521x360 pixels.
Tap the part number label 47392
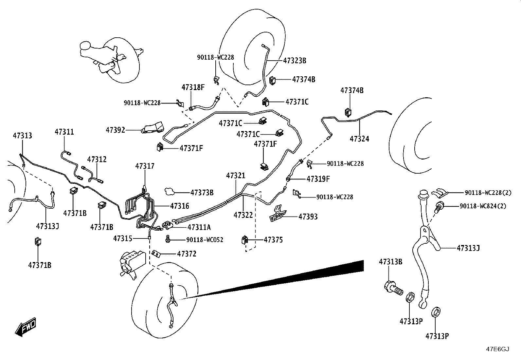[x=116, y=130]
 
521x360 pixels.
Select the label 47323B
[x=295, y=61]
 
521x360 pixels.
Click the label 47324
[x=359, y=139]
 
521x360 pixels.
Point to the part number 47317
[x=145, y=166]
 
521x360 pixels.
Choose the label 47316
[x=180, y=206]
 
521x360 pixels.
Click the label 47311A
[x=199, y=227]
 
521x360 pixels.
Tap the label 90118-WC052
[x=205, y=239]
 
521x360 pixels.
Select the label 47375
[x=273, y=239]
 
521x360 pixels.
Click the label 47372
[x=187, y=254]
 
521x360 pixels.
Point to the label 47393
[x=308, y=217]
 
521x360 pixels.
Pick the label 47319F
[x=318, y=179]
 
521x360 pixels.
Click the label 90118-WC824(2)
[x=483, y=206]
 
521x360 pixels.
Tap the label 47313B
[x=390, y=262]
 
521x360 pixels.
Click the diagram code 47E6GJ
[x=497, y=349]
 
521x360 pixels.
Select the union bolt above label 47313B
[x=393, y=288]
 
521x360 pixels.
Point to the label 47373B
[x=202, y=193]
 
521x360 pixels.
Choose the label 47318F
[x=193, y=87]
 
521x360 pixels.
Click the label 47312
[x=97, y=159]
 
